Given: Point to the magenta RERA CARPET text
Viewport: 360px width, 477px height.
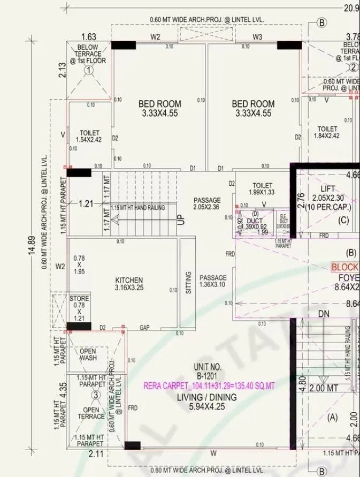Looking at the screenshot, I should [209, 385].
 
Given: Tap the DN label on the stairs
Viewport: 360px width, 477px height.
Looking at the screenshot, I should [324, 313].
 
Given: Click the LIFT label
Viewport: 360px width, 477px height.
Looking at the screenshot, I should [327, 189].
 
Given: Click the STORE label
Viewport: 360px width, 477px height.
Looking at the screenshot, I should [79, 298].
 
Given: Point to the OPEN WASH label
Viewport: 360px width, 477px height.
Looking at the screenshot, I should [88, 354].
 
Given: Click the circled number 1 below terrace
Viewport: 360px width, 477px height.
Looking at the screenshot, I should [89, 70].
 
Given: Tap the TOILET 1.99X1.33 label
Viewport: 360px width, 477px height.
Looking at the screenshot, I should [262, 188].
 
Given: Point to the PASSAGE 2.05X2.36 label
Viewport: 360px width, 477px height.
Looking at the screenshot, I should [207, 203].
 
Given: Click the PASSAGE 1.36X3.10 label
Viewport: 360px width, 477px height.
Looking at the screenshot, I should [213, 281].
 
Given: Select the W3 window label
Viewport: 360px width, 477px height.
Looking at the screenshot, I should [257, 37].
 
